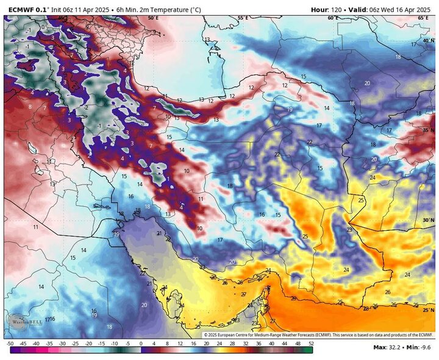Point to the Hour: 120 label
point(328,9)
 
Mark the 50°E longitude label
point(153,18)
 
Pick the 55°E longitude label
point(243,18)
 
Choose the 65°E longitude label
point(423,18)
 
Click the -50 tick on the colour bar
point(10,344)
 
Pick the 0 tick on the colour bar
point(141,344)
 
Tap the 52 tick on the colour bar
point(311,344)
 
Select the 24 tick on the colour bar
point(219,344)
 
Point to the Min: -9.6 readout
point(420,348)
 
